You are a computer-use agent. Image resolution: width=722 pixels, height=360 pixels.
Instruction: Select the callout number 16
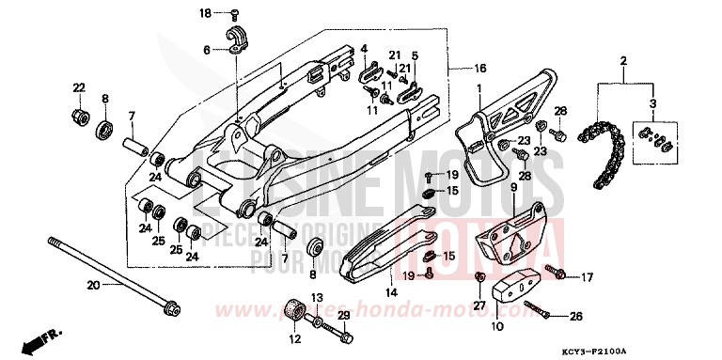479,69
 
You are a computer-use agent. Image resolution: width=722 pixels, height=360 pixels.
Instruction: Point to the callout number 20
93,285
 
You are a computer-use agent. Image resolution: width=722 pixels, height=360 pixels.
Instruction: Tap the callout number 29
344,314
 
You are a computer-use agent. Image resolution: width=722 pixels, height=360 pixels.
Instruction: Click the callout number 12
293,339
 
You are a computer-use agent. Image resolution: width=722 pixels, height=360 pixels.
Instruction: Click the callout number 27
479,305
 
